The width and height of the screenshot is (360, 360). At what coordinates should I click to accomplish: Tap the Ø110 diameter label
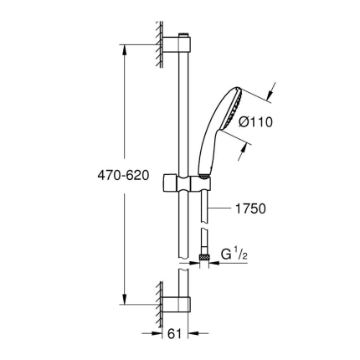pyautogui.click(x=255, y=121)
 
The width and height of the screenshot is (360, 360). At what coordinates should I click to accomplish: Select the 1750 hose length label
pyautogui.click(x=249, y=208)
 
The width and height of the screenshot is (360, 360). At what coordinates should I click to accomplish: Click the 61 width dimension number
pyautogui.click(x=174, y=334)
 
